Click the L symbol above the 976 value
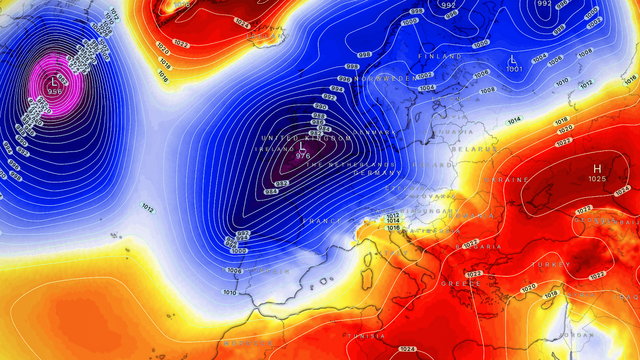(302, 146)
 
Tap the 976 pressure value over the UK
(303, 156)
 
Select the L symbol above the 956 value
(54, 82)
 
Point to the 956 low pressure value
(54, 91)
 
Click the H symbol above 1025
(597, 169)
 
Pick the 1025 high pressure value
(597, 179)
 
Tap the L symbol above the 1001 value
(514, 59)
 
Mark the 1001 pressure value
(514, 69)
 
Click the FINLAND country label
(440, 56)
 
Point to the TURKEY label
(551, 265)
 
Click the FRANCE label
(323, 221)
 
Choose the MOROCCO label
(249, 343)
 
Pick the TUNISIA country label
(366, 336)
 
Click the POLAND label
(425, 165)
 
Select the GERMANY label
(377, 173)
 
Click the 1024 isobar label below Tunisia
(407, 349)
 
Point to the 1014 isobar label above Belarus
(514, 121)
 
